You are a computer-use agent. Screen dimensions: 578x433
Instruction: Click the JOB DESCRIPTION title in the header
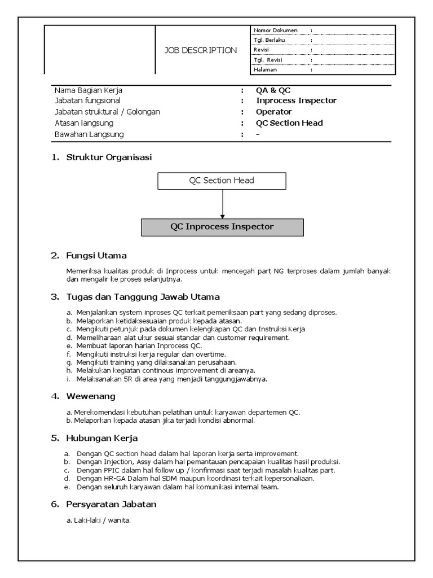click(200, 50)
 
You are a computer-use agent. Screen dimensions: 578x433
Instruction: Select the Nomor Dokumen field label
click(275, 30)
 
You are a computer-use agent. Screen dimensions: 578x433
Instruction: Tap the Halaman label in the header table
click(266, 69)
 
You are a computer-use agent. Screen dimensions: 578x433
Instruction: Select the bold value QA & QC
click(273, 90)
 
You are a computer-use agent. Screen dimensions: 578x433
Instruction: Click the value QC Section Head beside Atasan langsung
click(289, 123)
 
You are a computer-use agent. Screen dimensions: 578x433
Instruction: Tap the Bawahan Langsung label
click(89, 134)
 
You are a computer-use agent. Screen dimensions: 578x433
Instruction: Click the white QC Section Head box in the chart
click(222, 181)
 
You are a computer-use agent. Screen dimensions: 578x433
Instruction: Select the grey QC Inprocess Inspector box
click(222, 227)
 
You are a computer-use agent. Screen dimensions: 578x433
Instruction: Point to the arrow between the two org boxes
click(223, 203)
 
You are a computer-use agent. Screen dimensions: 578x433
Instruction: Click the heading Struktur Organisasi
click(109, 157)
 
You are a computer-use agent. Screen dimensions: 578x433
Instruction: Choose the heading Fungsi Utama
click(96, 256)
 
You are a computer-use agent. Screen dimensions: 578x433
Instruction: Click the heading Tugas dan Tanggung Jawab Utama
click(143, 296)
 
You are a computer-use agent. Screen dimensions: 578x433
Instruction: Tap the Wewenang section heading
click(91, 396)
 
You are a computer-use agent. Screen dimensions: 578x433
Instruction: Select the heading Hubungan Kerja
click(102, 437)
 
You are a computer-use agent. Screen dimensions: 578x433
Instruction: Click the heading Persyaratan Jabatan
click(111, 503)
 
